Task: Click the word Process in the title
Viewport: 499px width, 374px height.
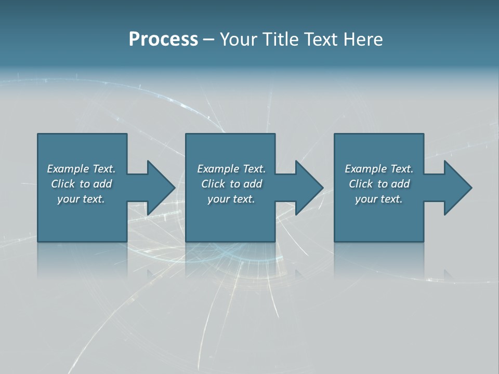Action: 163,39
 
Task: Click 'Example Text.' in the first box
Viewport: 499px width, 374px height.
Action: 81,169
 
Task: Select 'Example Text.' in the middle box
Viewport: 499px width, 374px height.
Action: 231,169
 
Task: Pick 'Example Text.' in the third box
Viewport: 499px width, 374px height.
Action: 379,169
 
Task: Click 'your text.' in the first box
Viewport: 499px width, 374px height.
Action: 81,199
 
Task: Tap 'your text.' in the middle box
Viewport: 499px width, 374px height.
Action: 231,199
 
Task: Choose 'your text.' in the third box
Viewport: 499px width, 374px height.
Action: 379,199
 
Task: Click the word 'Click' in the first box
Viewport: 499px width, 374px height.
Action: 62,184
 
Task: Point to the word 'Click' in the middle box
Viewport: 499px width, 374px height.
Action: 213,184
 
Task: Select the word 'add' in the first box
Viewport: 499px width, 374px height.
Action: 103,184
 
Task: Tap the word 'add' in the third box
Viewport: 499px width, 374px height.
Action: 401,184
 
